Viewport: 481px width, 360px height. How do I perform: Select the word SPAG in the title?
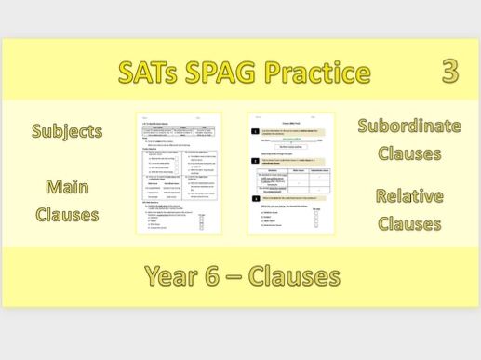(234, 73)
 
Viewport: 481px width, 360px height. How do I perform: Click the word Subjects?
(66, 131)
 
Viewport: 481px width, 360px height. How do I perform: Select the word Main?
(66, 187)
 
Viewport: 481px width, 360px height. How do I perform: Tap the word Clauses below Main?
(66, 214)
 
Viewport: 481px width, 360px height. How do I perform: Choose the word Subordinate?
(408, 126)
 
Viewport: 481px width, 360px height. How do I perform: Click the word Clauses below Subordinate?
(408, 153)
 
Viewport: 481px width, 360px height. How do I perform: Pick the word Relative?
(408, 196)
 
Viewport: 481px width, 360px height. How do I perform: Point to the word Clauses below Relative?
(408, 223)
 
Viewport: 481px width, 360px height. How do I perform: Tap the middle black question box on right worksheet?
(253, 161)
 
